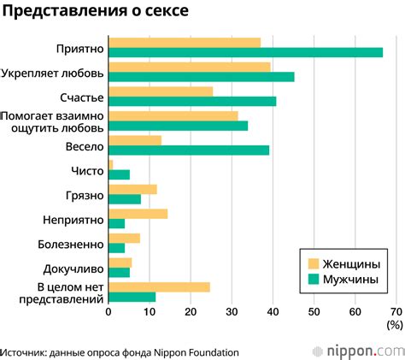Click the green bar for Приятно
(x=246, y=52)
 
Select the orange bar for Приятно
(x=185, y=42)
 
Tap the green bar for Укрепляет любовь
(x=202, y=77)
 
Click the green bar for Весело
(x=189, y=150)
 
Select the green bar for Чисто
(x=120, y=174)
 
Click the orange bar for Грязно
(x=133, y=189)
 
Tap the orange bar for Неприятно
(x=138, y=214)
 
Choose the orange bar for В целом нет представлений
(x=160, y=287)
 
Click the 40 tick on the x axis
(x=272, y=312)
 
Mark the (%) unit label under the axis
(x=393, y=324)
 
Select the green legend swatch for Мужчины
(x=313, y=279)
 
